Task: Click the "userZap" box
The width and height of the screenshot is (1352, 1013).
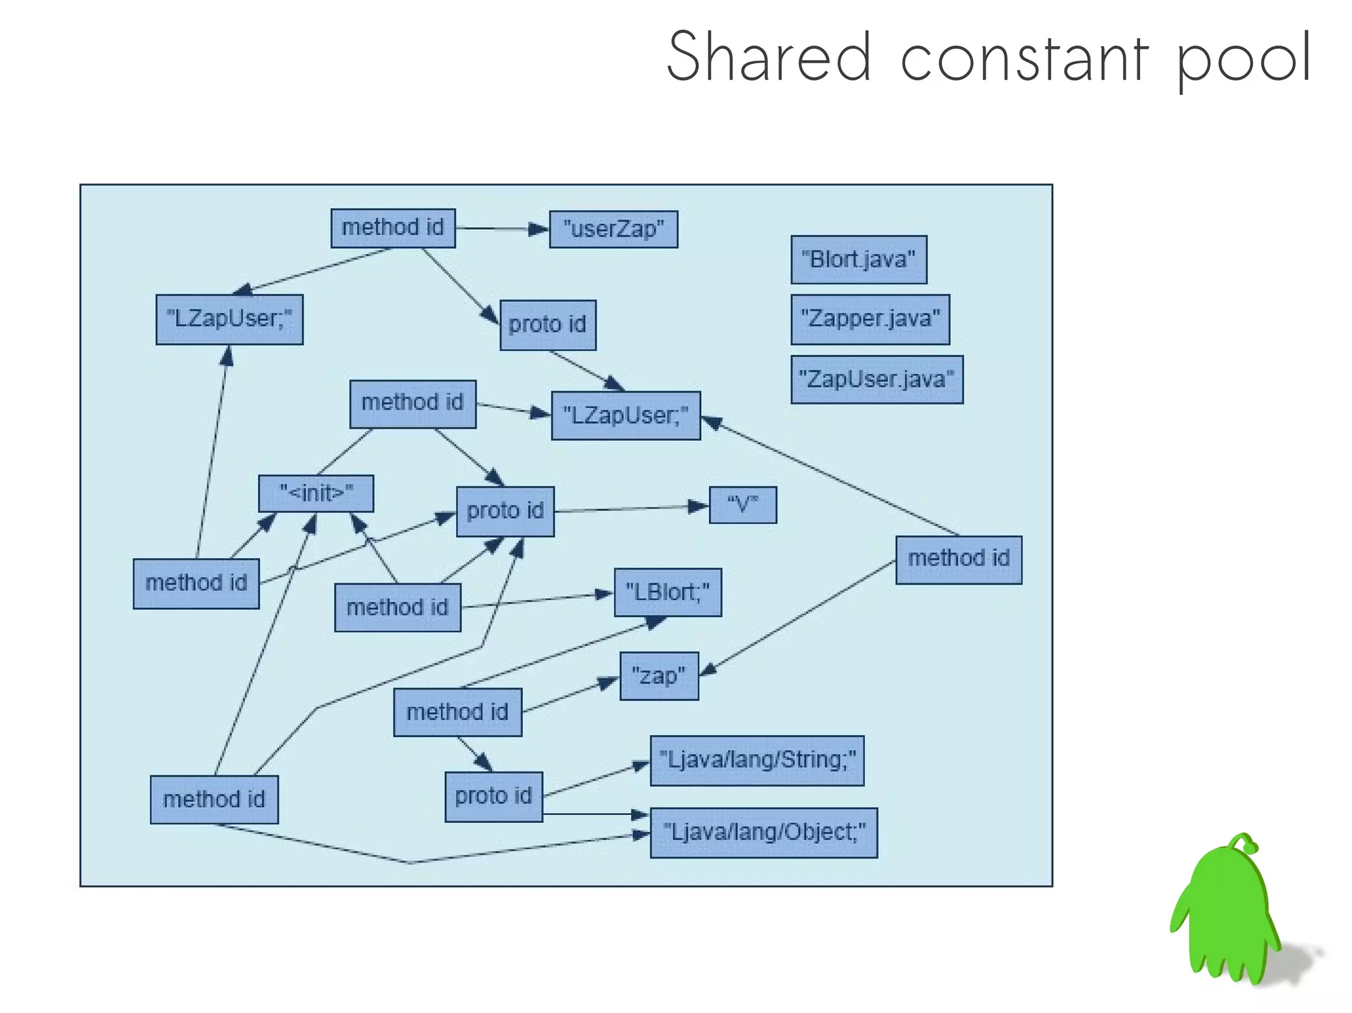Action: [613, 229]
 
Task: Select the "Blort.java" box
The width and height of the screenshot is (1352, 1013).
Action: [858, 259]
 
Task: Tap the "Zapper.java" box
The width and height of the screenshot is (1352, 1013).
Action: [869, 319]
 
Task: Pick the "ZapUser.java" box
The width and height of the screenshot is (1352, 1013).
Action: [876, 379]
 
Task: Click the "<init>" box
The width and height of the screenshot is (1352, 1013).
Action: [316, 493]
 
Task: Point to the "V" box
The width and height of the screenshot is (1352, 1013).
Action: [742, 505]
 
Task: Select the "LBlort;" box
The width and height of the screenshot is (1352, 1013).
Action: [667, 592]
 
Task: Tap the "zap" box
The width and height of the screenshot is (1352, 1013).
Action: [658, 676]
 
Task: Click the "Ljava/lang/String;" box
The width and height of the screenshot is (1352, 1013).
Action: [757, 760]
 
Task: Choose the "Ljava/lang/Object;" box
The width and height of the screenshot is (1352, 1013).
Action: [763, 832]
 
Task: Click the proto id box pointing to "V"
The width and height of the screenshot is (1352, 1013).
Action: [505, 511]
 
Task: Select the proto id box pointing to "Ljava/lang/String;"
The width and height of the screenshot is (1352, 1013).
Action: [493, 796]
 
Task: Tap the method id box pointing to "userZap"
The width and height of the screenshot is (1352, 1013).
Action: [393, 228]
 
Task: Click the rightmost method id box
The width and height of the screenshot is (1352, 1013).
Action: [958, 559]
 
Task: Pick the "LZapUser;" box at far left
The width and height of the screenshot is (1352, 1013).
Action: [229, 319]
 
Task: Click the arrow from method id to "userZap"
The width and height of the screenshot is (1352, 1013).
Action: [502, 229]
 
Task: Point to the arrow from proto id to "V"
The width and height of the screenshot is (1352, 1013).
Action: [630, 508]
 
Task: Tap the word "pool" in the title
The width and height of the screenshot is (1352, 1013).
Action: [1244, 59]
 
